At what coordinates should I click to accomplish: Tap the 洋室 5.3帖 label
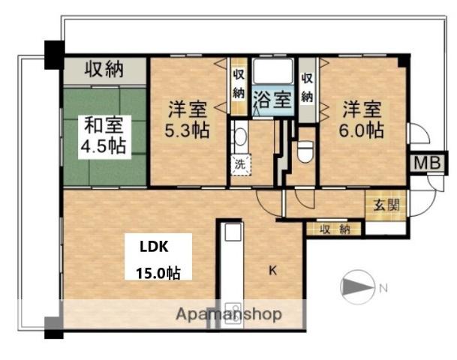coord(187,118)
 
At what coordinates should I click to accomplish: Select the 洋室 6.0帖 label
coord(363,118)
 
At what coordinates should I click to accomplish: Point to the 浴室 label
coord(272,100)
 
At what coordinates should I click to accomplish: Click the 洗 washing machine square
coord(239,163)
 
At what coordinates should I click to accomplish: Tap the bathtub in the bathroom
coord(272,73)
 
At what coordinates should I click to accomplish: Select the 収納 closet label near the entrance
coord(335,229)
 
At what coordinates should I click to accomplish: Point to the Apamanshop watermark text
coord(229,314)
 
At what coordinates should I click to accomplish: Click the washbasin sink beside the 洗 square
coord(239,137)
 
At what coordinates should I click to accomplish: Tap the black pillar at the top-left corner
coord(54,53)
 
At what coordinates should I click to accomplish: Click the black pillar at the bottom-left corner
coord(53,328)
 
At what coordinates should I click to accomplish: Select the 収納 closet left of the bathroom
coord(238,83)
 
